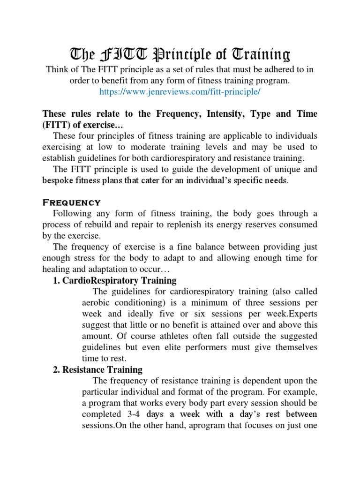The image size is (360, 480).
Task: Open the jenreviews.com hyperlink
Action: pyautogui.click(x=180, y=92)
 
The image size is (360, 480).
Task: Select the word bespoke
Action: pyautogui.click(x=58, y=180)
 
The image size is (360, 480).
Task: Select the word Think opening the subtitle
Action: pyautogui.click(x=57, y=69)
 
